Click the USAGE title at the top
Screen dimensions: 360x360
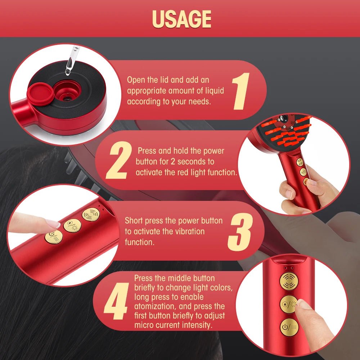pyautogui.click(x=181, y=18)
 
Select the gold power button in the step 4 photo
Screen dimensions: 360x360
pyautogui.click(x=289, y=327)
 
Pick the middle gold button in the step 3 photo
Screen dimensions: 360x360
pyautogui.click(x=72, y=225)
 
